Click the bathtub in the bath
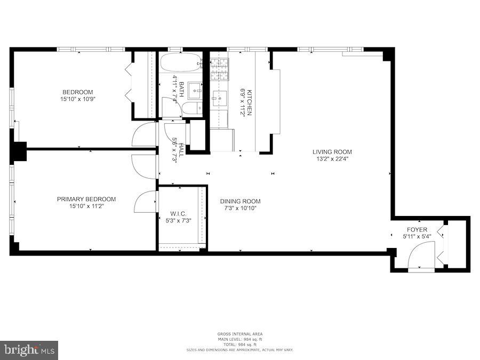181,63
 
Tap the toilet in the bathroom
190,109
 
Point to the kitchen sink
220,97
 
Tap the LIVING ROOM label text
332,151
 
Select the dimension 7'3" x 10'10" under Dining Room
241,209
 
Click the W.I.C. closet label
178,213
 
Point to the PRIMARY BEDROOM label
86,199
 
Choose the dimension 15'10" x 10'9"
77,99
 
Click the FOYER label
417,230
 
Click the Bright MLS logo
29,350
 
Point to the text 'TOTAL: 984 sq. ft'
239,345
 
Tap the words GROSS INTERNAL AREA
239,334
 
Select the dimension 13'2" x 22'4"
332,158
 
